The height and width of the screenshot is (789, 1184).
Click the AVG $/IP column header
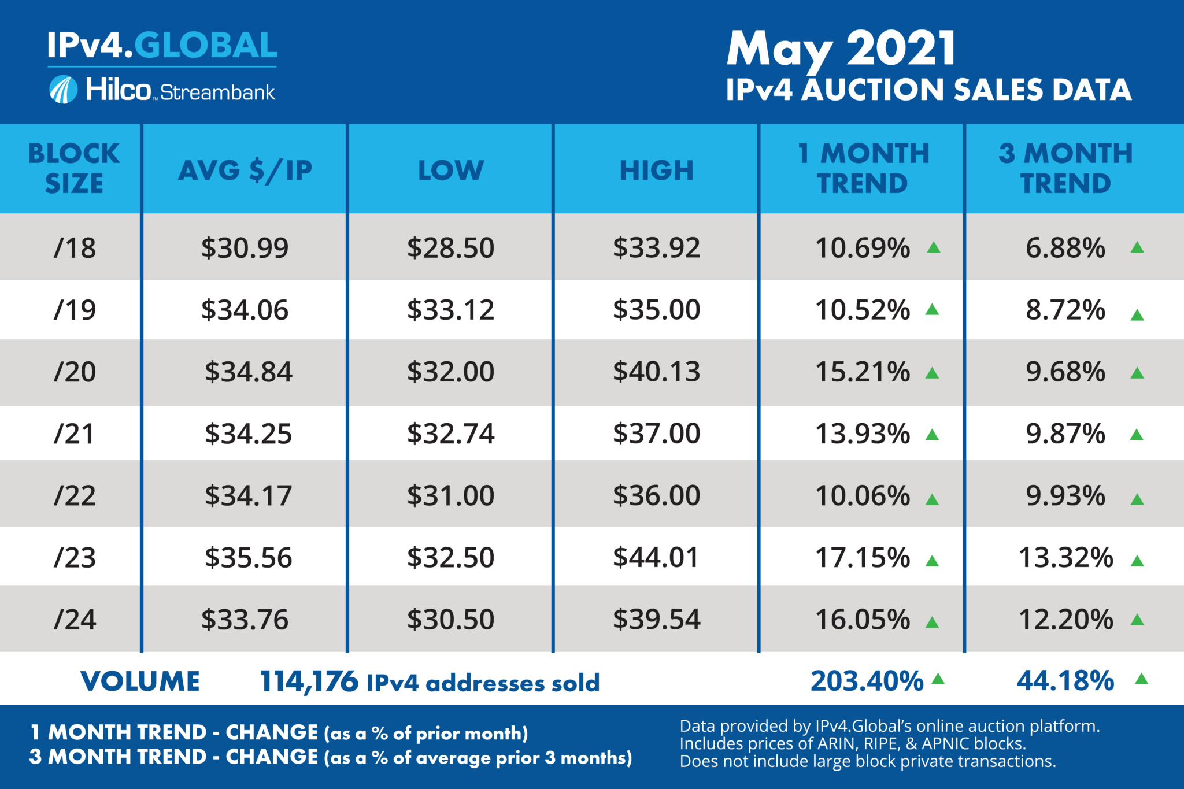coord(245,170)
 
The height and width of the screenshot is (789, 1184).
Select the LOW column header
coord(451,170)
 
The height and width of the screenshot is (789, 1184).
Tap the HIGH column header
coord(656,170)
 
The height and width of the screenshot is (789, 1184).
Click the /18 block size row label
coord(75,248)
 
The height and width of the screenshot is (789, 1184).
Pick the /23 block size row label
coord(75,558)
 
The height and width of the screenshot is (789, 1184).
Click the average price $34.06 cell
coord(245,310)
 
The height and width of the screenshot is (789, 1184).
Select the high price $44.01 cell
coord(656,558)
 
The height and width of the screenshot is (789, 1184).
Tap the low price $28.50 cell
coord(451,248)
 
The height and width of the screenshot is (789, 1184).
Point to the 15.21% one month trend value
coord(863,372)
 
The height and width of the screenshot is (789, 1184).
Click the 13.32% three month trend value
coord(1065,558)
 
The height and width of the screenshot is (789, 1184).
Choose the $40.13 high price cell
coord(656,372)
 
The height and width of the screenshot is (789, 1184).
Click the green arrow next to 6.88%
coord(1137,247)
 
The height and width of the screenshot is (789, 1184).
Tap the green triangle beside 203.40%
coord(938,679)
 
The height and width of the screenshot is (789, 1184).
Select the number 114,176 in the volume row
coord(309,682)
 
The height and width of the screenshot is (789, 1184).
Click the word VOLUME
coord(140,681)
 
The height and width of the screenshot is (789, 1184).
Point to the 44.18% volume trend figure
coord(1065,681)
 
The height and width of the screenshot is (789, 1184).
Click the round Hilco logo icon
coord(63,90)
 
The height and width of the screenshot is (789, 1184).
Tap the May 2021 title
coord(841,50)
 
